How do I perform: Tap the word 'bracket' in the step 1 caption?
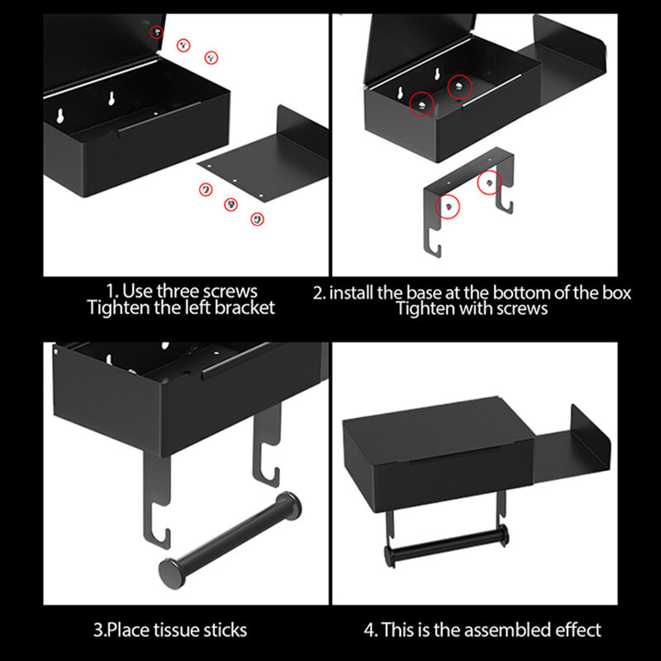tap(245, 307)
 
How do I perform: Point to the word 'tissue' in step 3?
tap(176, 630)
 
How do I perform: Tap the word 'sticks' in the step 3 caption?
tap(225, 630)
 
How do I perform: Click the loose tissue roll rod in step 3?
tap(230, 540)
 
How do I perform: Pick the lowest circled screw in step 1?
tap(257, 219)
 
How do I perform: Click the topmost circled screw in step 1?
tap(157, 32)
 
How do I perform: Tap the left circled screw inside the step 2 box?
tap(421, 104)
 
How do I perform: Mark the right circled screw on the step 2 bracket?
tap(489, 183)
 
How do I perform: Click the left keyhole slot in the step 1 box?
tap(60, 116)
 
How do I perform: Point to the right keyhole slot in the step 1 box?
tap(112, 97)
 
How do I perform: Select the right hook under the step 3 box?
tap(266, 447)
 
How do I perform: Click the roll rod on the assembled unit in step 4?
tap(447, 546)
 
